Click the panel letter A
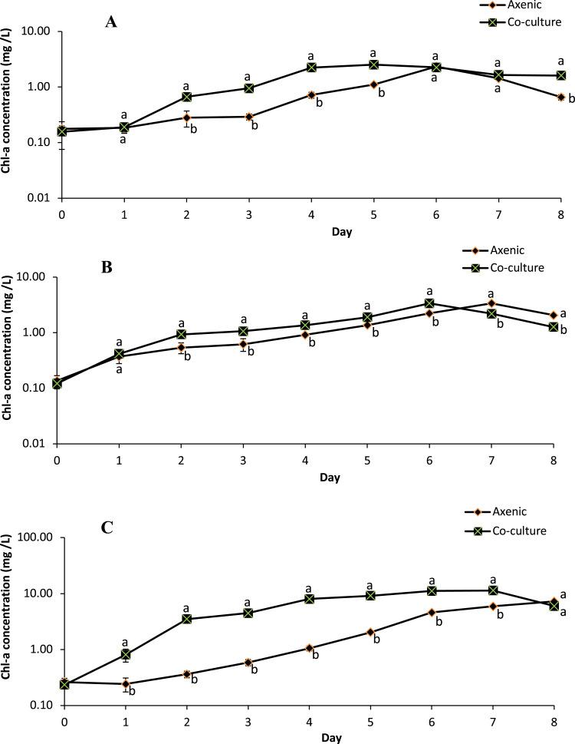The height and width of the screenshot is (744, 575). point(111,21)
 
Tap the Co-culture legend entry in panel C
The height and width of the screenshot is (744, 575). point(507,531)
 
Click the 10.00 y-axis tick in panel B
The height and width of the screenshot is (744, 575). point(34,277)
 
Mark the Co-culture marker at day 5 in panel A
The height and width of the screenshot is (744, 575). point(374,64)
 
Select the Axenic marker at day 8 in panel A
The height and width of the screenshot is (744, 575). point(561,98)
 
